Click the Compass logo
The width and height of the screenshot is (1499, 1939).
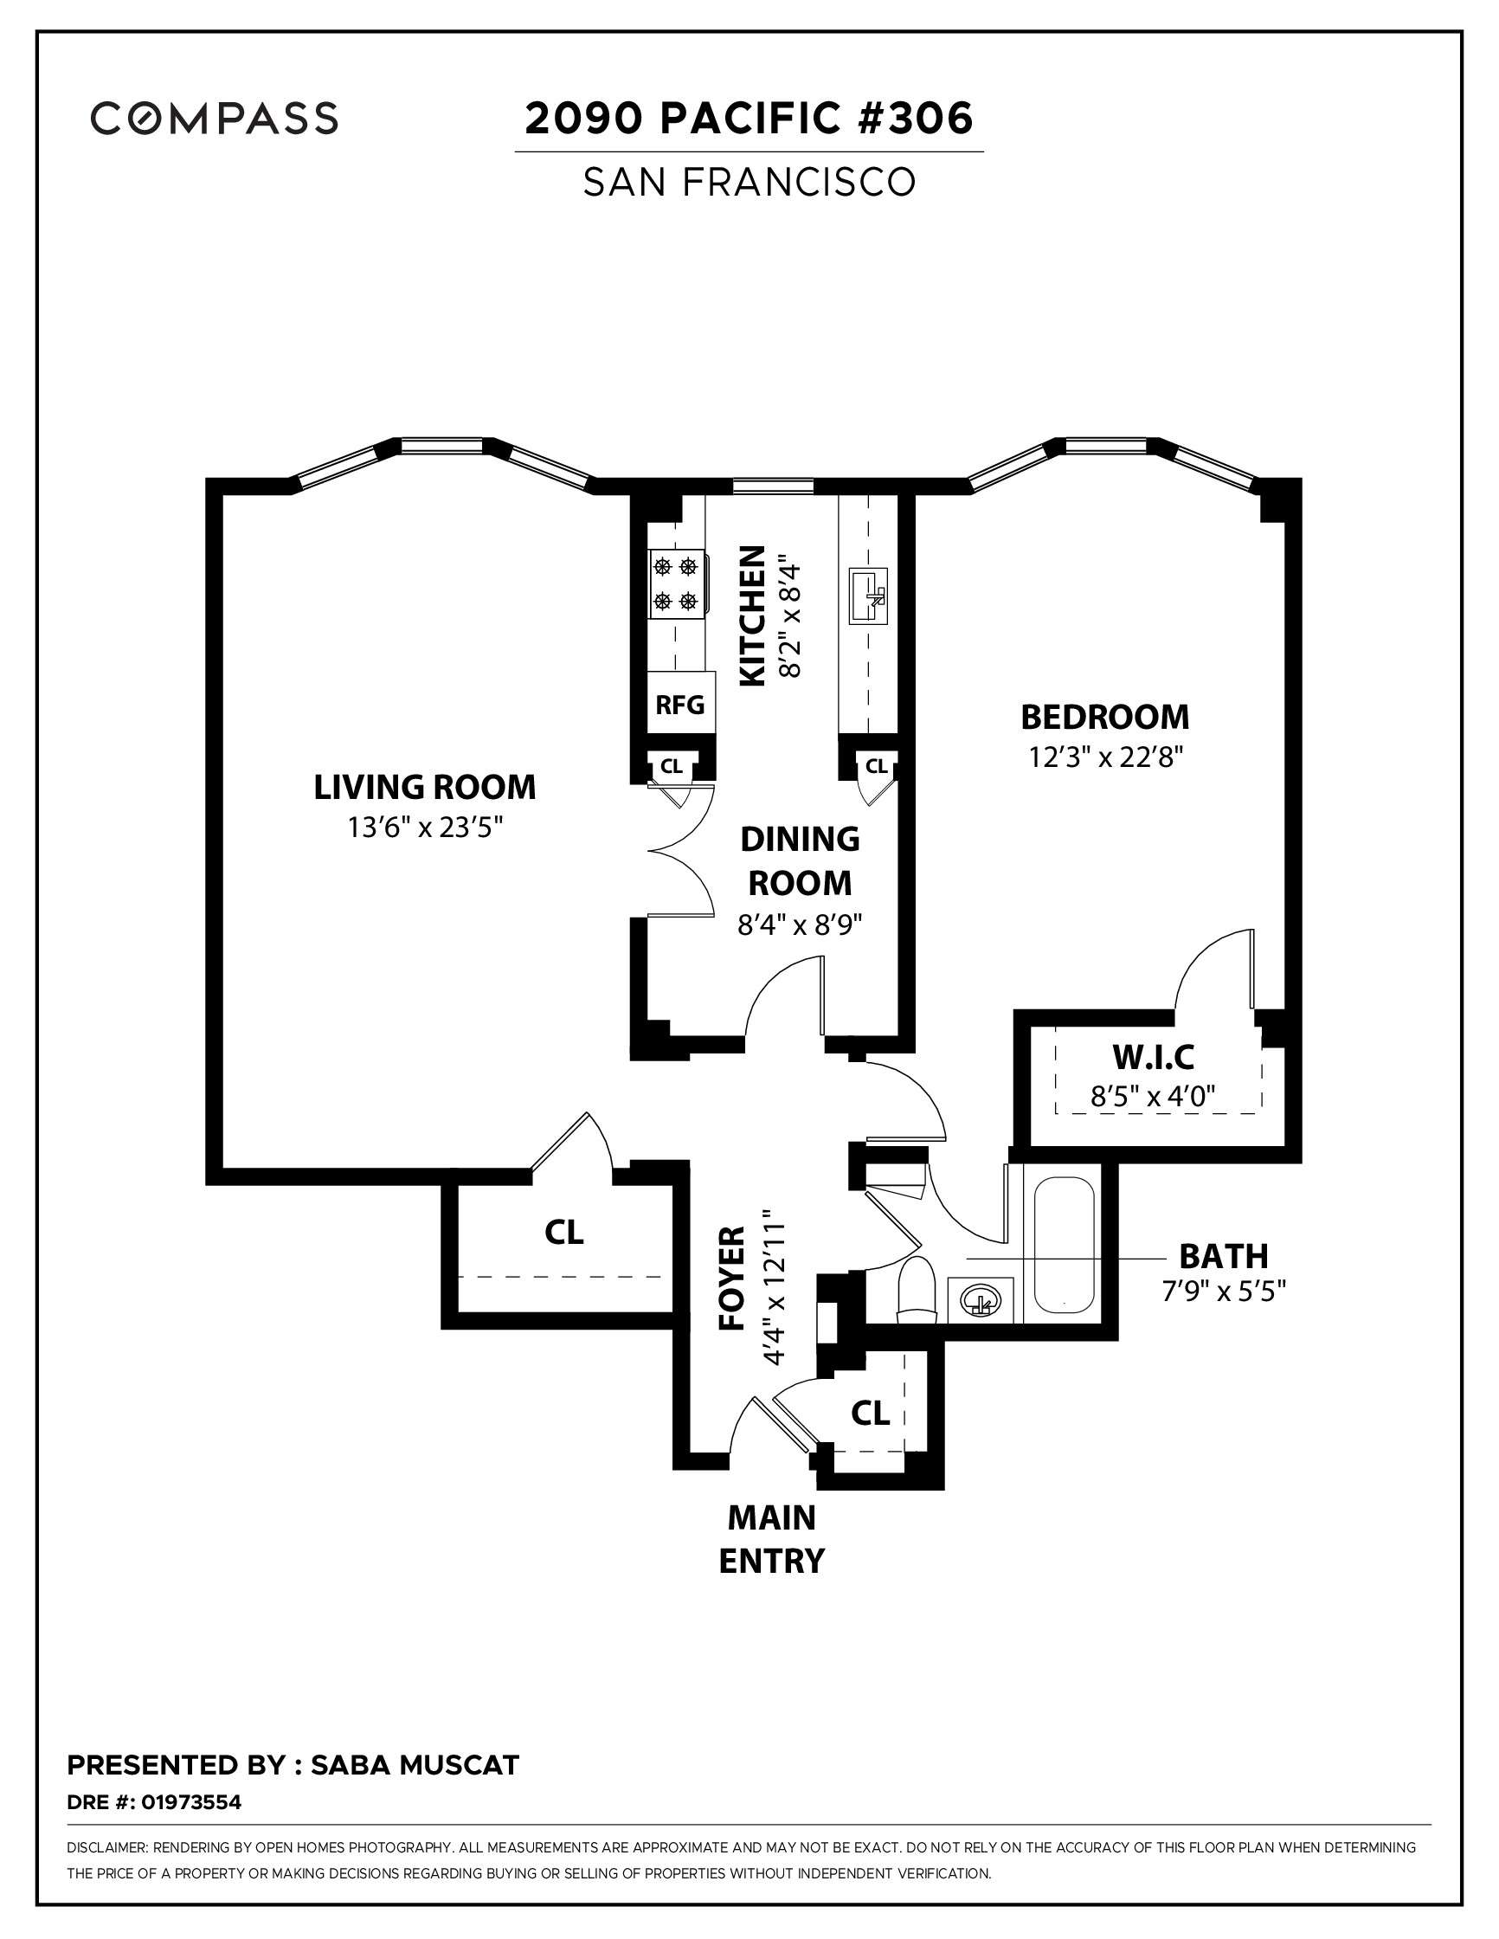(x=214, y=118)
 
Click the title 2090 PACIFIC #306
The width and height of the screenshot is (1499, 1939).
(x=748, y=118)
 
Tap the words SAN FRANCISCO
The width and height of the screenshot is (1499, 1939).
(x=748, y=182)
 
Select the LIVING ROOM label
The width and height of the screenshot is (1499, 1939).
(x=424, y=788)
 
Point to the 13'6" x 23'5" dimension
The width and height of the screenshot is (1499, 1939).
(x=424, y=828)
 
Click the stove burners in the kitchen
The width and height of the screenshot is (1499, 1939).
(x=675, y=583)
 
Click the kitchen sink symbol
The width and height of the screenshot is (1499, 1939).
(x=866, y=597)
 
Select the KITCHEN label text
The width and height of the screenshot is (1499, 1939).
(x=752, y=615)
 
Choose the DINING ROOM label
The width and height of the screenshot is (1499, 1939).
(x=800, y=860)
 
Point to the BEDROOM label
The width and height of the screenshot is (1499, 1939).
(x=1104, y=717)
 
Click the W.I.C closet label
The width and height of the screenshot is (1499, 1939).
(x=1153, y=1058)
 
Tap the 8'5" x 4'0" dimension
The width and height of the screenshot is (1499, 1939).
(x=1153, y=1098)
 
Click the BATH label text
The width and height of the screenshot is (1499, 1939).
(x=1222, y=1256)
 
